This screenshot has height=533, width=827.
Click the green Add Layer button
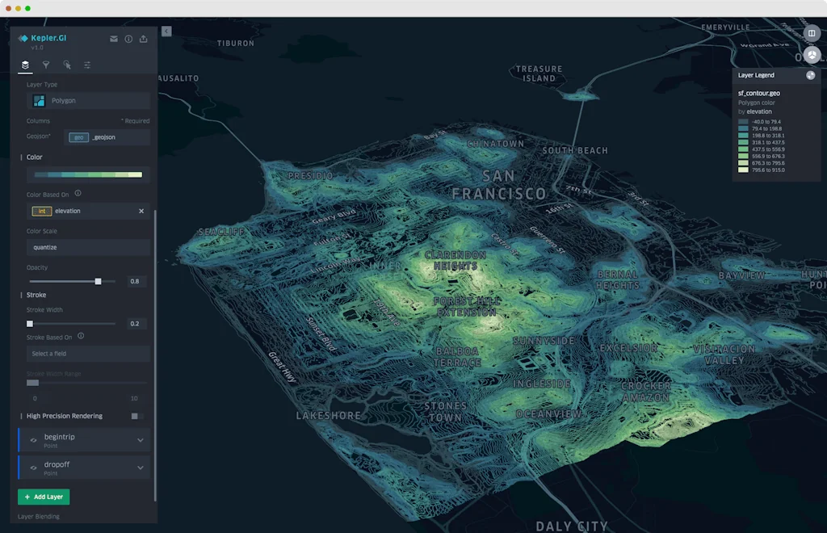click(x=44, y=497)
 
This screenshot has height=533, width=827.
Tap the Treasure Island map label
click(x=539, y=73)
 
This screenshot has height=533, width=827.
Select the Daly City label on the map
click(x=571, y=526)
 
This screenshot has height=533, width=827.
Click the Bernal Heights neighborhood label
click(x=618, y=280)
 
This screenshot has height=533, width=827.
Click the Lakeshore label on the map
click(x=328, y=415)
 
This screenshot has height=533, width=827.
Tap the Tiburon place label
click(x=235, y=43)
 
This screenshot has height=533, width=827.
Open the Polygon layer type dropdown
click(x=88, y=101)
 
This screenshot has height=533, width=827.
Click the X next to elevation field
click(x=141, y=211)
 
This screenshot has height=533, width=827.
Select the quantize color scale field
click(x=88, y=247)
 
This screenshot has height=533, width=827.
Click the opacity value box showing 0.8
click(x=134, y=281)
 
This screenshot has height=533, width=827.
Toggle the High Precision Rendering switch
click(x=136, y=416)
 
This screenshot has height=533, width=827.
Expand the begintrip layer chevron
click(x=141, y=440)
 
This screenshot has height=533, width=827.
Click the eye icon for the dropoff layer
click(x=34, y=468)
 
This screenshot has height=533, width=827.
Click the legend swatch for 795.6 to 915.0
click(x=743, y=170)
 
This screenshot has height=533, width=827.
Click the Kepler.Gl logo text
click(x=48, y=38)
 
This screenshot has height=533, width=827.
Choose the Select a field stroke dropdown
click(x=88, y=354)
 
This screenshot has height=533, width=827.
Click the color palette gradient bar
click(x=88, y=174)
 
